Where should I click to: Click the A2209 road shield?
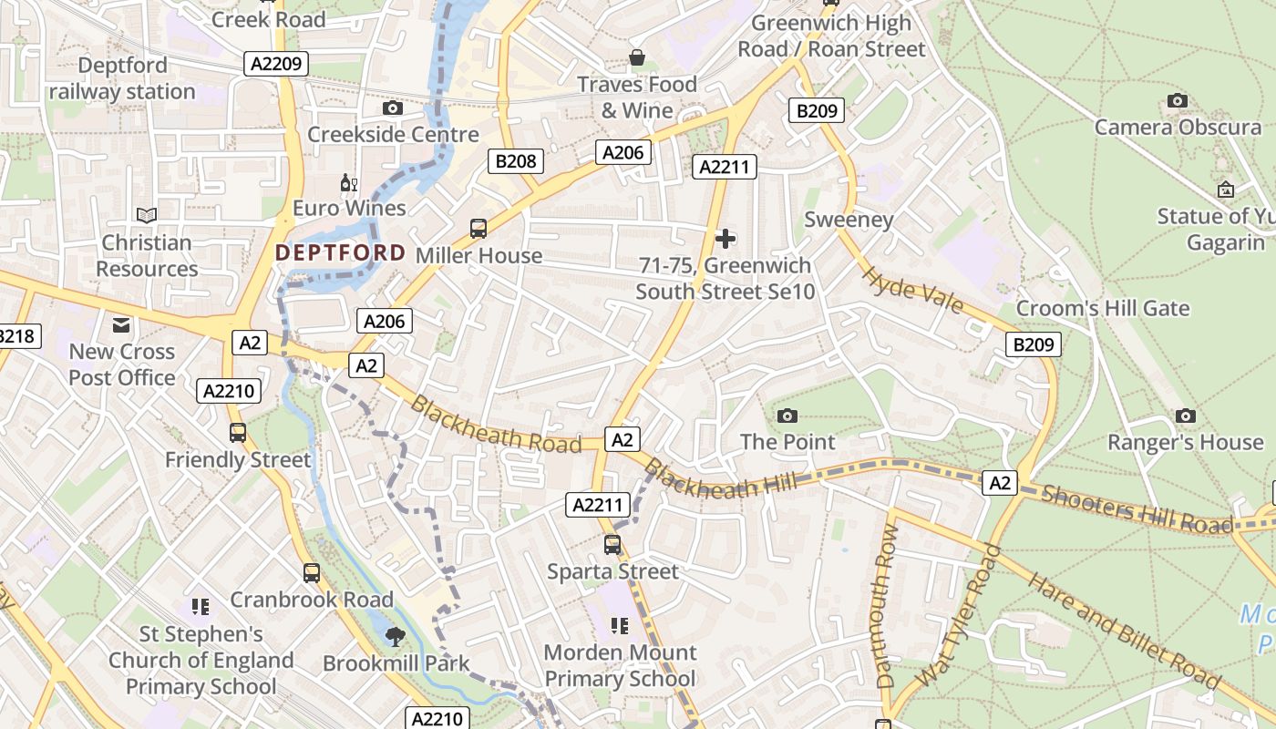click(277, 63)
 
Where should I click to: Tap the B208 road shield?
click(516, 161)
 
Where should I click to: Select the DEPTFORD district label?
click(340, 252)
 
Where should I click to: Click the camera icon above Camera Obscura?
click(1178, 100)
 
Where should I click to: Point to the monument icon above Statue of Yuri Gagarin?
click(1226, 190)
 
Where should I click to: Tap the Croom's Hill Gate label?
click(1103, 308)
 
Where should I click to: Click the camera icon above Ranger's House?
click(1185, 416)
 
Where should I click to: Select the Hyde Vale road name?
click(912, 290)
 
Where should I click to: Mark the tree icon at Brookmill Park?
click(395, 636)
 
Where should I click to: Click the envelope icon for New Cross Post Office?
click(121, 324)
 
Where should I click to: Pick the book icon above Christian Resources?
click(146, 215)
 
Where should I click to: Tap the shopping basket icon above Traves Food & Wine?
click(637, 58)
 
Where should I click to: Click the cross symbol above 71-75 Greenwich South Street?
click(725, 239)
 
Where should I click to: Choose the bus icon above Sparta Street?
click(612, 545)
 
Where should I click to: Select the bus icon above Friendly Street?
click(238, 433)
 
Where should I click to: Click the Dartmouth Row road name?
click(885, 606)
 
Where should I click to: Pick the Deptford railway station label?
click(122, 78)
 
